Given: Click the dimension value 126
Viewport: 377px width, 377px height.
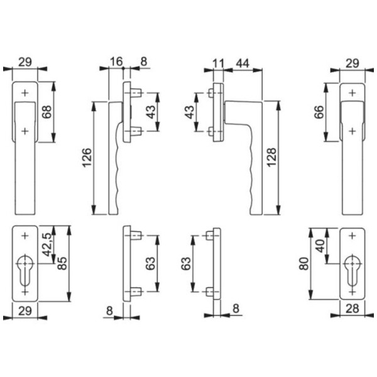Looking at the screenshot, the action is pyautogui.click(x=87, y=158).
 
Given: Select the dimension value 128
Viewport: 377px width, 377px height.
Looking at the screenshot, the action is pyautogui.click(x=271, y=158).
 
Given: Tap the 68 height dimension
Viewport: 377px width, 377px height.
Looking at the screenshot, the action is pyautogui.click(x=47, y=112).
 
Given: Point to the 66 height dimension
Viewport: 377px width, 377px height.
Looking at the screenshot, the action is pyautogui.click(x=319, y=112).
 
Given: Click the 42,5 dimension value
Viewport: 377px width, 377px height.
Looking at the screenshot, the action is pyautogui.click(x=46, y=244).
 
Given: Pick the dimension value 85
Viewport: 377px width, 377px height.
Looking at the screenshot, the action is pyautogui.click(x=62, y=263).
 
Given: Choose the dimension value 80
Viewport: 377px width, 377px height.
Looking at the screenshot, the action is pyautogui.click(x=303, y=263).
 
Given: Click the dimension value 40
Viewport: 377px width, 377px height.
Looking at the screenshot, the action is pyautogui.click(x=320, y=246).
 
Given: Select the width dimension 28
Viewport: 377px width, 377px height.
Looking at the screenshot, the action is pyautogui.click(x=352, y=309).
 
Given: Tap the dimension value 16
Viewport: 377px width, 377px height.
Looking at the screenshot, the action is pyautogui.click(x=116, y=62).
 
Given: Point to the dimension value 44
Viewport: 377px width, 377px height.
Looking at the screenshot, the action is pyautogui.click(x=243, y=63).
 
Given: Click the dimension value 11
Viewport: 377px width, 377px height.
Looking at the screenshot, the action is pyautogui.click(x=218, y=63).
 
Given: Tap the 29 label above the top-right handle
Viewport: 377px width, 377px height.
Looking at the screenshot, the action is pyautogui.click(x=352, y=63).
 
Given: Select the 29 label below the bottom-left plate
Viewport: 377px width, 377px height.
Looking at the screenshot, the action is pyautogui.click(x=25, y=311).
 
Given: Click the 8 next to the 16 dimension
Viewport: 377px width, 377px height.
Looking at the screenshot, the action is pyautogui.click(x=143, y=62).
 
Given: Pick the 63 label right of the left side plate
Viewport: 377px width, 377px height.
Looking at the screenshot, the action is pyautogui.click(x=151, y=263).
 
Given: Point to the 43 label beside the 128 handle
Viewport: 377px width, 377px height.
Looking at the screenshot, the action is pyautogui.click(x=190, y=112).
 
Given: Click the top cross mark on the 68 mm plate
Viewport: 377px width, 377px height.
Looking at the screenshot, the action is pyautogui.click(x=25, y=93).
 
